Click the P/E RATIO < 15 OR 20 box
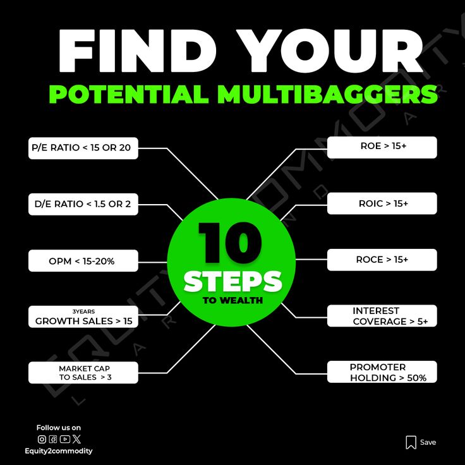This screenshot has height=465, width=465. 83,148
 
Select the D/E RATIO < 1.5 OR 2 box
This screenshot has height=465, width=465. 83,204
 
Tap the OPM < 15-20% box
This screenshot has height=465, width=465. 83,260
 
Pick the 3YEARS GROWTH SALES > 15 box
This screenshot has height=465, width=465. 83,317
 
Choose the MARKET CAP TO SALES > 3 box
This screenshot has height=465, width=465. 83,373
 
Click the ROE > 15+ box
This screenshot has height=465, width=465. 382,147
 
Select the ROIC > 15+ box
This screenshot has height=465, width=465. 382,203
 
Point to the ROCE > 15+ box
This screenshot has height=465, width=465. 382,260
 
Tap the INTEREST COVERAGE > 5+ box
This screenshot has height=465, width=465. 382,316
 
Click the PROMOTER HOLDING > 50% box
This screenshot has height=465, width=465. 382,372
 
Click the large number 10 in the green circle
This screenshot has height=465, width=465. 230,243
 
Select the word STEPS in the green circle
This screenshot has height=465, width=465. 232,281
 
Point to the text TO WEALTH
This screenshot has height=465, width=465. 232,300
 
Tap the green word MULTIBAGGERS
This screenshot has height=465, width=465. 327,94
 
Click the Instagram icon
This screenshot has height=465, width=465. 42,439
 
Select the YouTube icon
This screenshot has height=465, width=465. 64,439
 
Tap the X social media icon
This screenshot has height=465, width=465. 76,439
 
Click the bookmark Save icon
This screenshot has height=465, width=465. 411,442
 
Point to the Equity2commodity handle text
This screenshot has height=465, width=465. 59,451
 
